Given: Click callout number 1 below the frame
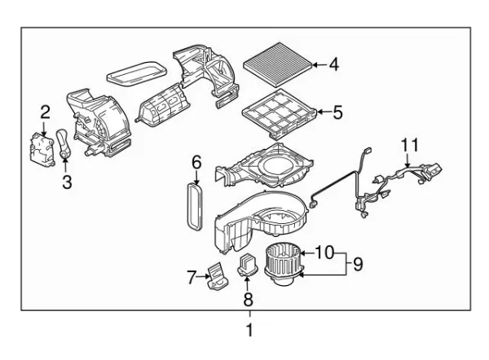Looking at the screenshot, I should [249, 331].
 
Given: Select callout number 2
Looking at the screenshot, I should [46, 112].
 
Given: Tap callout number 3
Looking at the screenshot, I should [67, 184].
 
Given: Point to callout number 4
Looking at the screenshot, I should [333, 64].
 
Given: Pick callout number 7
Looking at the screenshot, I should [192, 278].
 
